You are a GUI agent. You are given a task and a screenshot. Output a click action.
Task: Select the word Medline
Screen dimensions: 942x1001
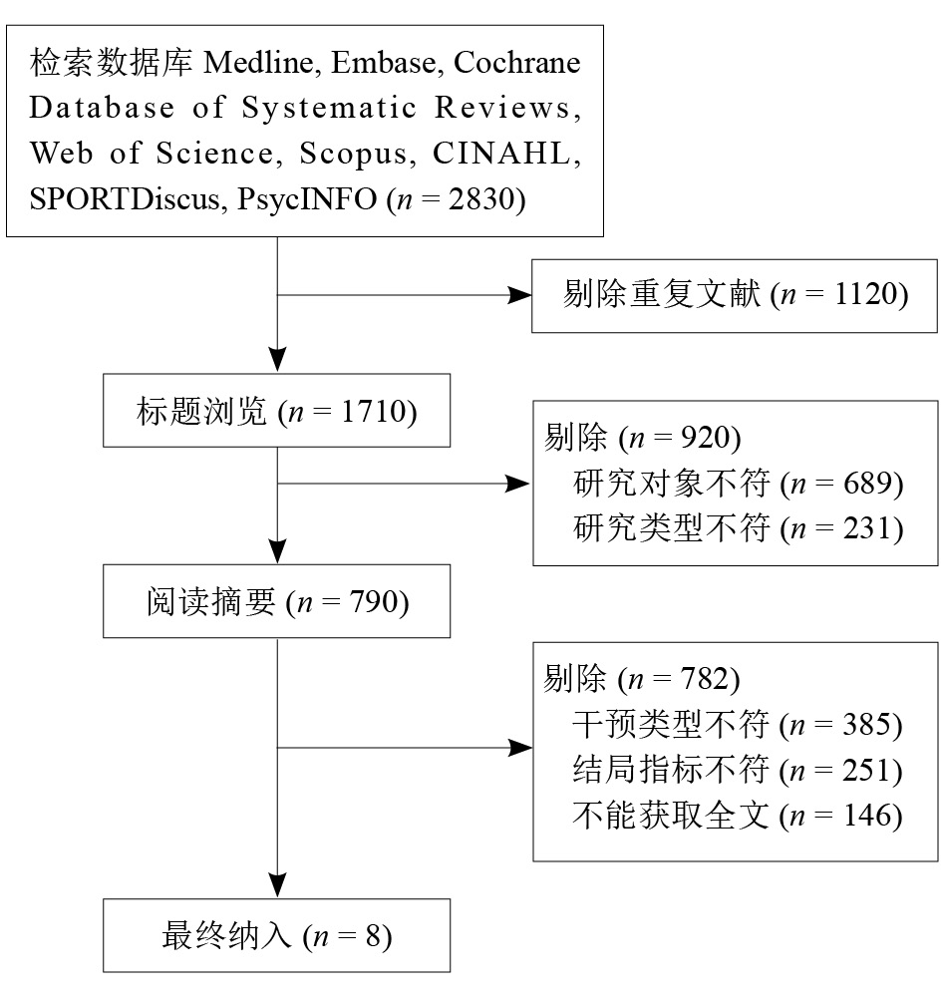[x=258, y=63]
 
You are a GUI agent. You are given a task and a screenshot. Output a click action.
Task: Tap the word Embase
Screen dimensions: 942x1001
[x=384, y=63]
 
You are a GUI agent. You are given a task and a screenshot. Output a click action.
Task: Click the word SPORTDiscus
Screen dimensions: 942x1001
[x=125, y=199]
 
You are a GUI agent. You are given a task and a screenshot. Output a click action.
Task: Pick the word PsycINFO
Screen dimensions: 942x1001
[x=307, y=199]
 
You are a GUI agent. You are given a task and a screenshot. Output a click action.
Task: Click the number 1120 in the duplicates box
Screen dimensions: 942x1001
[x=866, y=294]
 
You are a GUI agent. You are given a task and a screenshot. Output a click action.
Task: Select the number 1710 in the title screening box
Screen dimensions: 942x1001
[x=374, y=412]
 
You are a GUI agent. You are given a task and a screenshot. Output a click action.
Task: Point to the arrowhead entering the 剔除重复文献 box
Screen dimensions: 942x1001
[x=519, y=295]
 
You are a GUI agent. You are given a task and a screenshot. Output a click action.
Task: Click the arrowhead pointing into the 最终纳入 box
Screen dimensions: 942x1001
[x=278, y=885]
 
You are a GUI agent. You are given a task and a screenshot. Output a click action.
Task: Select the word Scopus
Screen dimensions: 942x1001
[x=354, y=154]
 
